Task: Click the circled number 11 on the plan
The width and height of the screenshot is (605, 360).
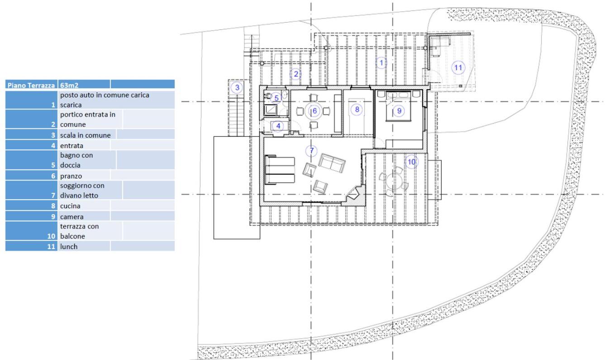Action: [458, 67]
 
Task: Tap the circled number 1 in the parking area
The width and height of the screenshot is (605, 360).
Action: [381, 62]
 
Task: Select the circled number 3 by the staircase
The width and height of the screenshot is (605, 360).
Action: [237, 87]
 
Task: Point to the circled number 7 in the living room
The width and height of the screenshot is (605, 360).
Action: [312, 150]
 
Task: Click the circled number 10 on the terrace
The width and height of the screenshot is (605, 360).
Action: [411, 162]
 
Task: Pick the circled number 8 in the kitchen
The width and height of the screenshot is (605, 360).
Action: [357, 110]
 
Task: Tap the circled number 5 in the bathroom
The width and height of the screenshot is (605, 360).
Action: [276, 98]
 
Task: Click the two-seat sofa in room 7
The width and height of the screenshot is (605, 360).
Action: [332, 163]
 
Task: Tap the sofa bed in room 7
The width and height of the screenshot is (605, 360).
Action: [280, 170]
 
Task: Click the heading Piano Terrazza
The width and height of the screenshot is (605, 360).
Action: [31, 86]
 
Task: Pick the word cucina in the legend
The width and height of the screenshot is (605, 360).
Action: [70, 206]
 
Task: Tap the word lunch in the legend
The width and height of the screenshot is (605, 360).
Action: [69, 246]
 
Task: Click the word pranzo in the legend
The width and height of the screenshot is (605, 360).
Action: [71, 176]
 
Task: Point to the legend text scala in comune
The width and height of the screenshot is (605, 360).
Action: [86, 135]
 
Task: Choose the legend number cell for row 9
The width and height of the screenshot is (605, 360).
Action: [31, 216]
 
